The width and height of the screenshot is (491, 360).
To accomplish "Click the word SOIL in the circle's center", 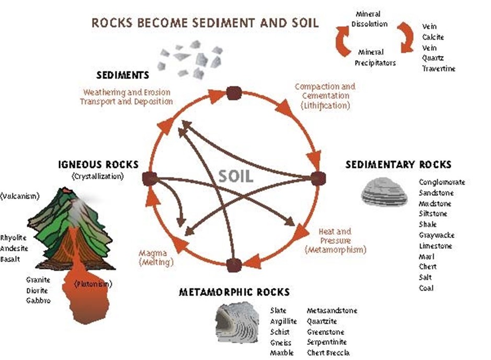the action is [x=235, y=176].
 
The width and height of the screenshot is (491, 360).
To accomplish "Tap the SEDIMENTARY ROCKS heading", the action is [x=398, y=165].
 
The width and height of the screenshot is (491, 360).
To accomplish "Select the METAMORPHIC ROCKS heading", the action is [x=234, y=292].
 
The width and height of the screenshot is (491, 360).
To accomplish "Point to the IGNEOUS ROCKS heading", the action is [x=98, y=165].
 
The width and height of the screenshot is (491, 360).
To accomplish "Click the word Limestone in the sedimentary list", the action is [x=436, y=246].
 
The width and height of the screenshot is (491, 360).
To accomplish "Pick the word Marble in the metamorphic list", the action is [x=282, y=353].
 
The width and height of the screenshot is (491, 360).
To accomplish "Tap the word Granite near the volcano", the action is [x=38, y=280].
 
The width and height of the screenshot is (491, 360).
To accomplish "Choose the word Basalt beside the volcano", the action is [x=10, y=259].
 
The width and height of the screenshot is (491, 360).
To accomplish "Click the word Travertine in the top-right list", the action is [x=439, y=69].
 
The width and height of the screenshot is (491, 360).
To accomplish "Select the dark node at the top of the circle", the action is [x=234, y=93].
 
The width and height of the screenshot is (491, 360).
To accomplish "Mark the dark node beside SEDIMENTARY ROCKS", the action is [x=318, y=178].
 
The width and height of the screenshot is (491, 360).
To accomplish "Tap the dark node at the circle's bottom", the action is [x=234, y=265].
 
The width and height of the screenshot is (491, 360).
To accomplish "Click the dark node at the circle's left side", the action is [x=150, y=179].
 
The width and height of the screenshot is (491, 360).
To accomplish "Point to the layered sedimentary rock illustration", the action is [x=384, y=192].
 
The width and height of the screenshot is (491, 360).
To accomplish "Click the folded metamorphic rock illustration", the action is [x=237, y=322].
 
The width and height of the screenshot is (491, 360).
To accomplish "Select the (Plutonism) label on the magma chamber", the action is [x=93, y=284].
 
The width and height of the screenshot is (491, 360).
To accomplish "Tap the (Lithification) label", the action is [x=325, y=106].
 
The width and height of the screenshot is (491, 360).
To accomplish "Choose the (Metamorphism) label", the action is [x=335, y=250].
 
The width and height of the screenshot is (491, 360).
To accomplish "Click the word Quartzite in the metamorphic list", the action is [x=322, y=321].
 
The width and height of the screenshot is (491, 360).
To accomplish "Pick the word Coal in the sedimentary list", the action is [x=426, y=288].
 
